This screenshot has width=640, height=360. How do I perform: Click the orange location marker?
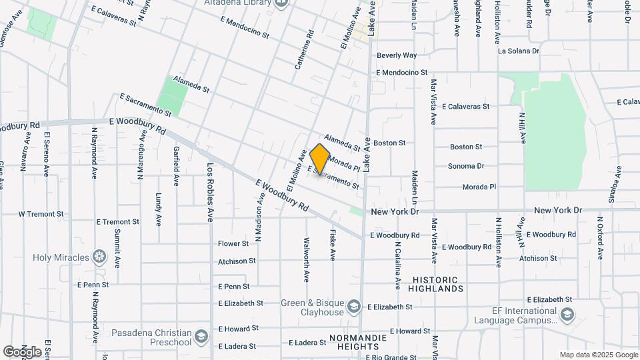[320, 159]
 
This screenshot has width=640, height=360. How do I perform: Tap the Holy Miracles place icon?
[99, 257]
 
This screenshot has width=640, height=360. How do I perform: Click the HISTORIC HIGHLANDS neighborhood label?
[437, 285]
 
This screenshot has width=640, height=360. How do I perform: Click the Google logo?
[22, 351]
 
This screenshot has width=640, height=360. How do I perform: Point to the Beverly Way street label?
[396, 55]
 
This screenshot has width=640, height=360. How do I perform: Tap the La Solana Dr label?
[519, 51]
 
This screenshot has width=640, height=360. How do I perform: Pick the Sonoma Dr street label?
[465, 166]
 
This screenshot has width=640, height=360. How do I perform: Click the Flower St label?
[233, 244]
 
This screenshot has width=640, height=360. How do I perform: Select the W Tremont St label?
[41, 215]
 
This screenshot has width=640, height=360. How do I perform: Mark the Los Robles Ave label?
[209, 192]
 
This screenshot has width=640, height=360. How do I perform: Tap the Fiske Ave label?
[332, 244]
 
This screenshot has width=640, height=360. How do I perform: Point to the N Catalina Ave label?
[397, 265]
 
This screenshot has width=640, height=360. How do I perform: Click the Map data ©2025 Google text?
[598, 355]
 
